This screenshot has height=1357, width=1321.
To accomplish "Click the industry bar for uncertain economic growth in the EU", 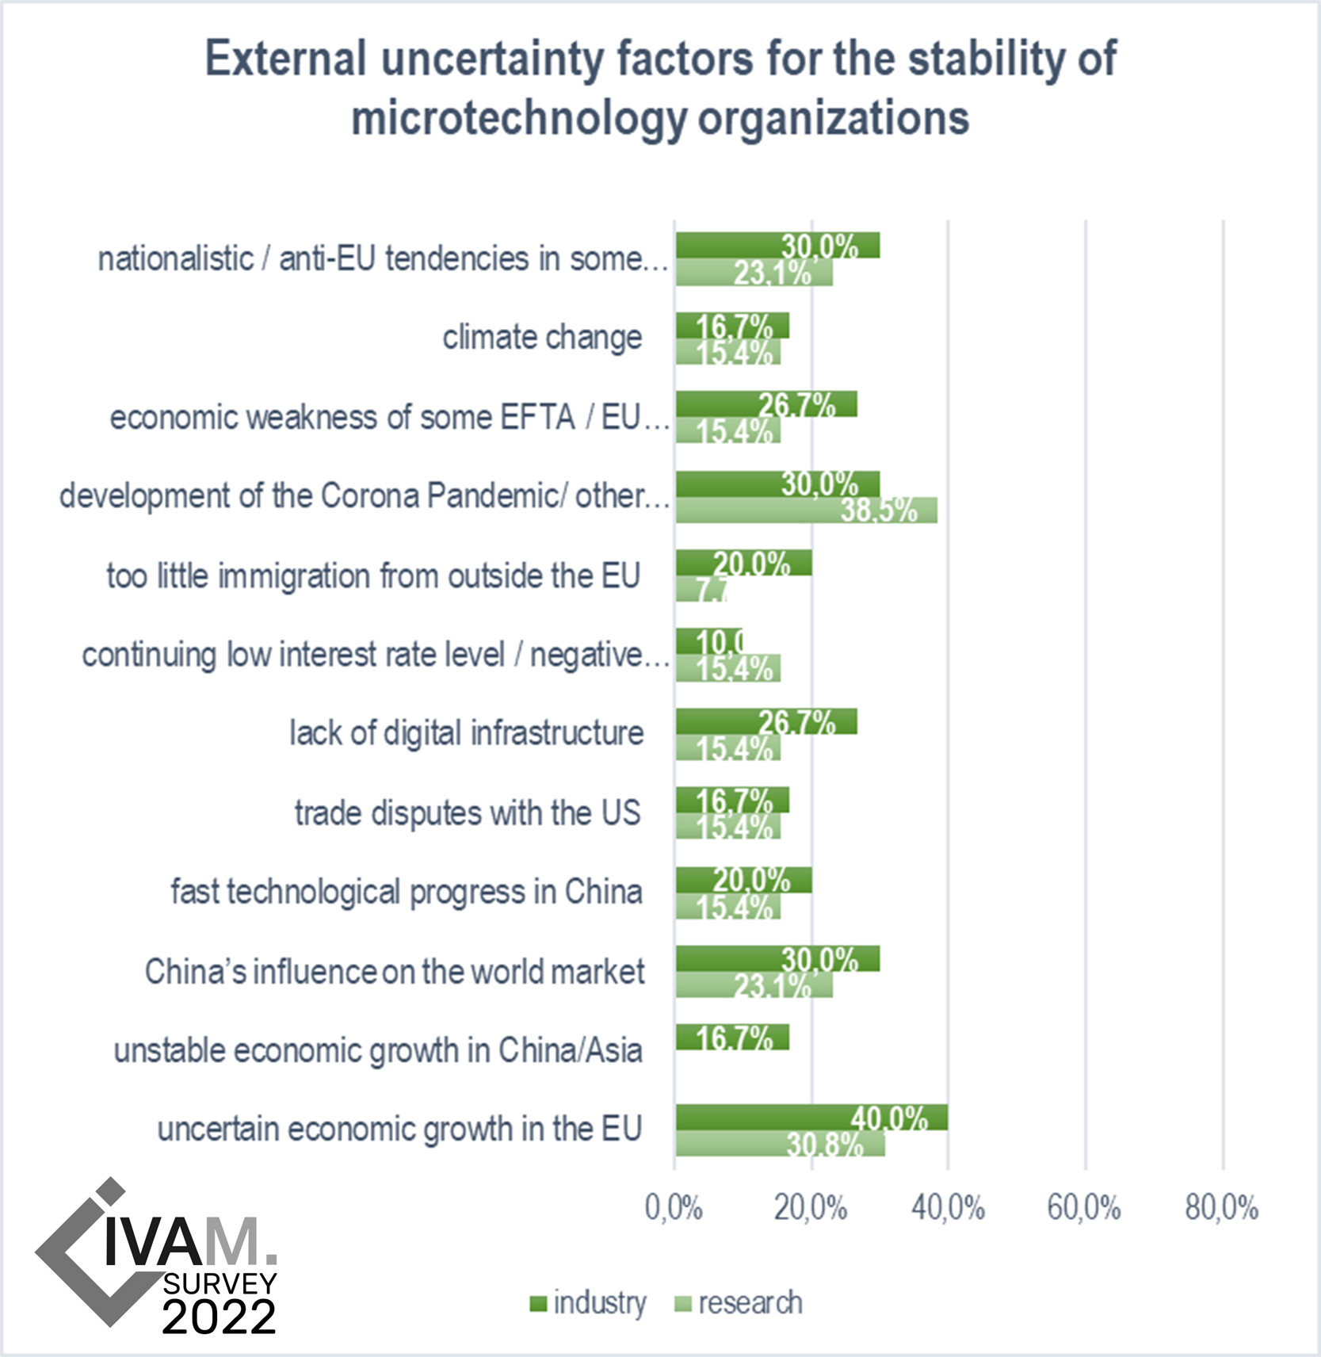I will [x=811, y=1118].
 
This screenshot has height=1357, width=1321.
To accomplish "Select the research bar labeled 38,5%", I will [x=806, y=510].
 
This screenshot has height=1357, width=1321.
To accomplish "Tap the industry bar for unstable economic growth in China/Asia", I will [x=732, y=1038].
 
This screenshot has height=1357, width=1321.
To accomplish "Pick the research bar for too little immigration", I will [x=701, y=589].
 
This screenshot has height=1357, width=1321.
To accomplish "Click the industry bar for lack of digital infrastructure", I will [x=765, y=721].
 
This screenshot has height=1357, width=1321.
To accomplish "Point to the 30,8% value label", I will [x=824, y=1145].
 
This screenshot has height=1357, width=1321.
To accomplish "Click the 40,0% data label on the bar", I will [x=889, y=1118].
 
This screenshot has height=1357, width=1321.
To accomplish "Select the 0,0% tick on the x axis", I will [x=674, y=1208].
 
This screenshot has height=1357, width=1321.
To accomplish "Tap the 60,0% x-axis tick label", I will [x=1084, y=1208].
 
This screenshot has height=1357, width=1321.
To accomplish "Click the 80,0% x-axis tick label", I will [x=1221, y=1208].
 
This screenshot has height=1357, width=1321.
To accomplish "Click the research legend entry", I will [x=739, y=1303].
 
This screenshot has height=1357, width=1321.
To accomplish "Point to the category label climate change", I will [x=542, y=338].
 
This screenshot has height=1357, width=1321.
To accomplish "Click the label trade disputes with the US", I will [x=468, y=813].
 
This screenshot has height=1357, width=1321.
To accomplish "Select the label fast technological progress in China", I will [x=407, y=893].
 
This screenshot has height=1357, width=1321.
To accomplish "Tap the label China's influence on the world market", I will [x=395, y=972].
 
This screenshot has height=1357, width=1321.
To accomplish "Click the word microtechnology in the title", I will [x=519, y=119].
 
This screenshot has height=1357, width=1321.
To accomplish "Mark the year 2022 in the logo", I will [x=219, y=1317].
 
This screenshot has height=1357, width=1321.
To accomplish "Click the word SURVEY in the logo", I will [x=220, y=1283].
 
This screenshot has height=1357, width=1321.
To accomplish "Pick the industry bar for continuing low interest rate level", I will [x=708, y=641].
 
